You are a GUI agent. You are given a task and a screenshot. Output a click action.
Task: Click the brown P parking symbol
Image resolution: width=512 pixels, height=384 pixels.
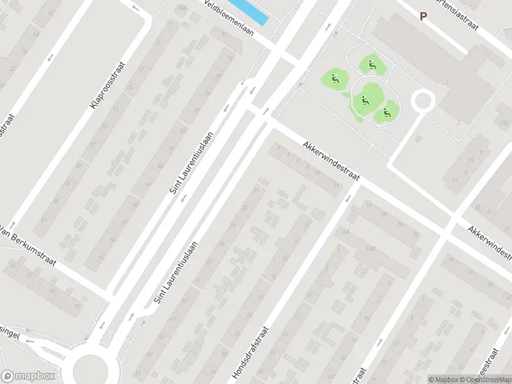[423, 17]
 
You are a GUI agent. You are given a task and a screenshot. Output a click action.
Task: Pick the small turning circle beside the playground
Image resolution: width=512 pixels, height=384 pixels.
[422, 100]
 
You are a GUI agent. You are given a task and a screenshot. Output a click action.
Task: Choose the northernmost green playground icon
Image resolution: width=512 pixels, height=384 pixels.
[370, 64]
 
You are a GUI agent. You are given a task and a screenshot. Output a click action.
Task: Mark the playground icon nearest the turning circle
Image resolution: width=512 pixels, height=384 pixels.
[386, 113]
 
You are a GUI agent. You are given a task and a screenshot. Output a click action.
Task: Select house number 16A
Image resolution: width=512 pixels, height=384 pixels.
[346, 231]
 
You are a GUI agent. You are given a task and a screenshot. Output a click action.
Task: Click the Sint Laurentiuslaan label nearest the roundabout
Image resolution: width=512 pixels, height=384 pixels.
[174, 271]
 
